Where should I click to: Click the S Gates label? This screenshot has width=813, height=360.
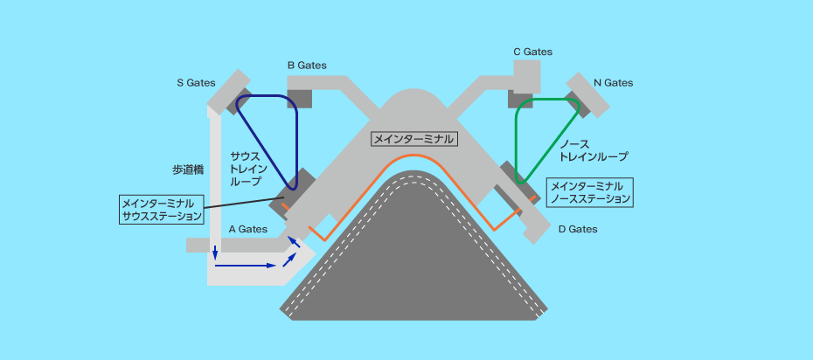196,83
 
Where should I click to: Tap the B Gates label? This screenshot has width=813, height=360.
306,65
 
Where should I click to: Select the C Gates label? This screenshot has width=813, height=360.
532,52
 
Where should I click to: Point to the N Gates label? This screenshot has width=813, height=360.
613,83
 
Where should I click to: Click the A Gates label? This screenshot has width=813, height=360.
247,229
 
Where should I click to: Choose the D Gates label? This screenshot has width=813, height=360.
578,229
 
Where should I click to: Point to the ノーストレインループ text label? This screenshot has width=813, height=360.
594,149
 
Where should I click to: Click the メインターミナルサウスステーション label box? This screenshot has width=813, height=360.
163,208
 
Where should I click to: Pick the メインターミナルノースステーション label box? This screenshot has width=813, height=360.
590,192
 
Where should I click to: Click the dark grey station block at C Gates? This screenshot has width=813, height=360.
521,100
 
